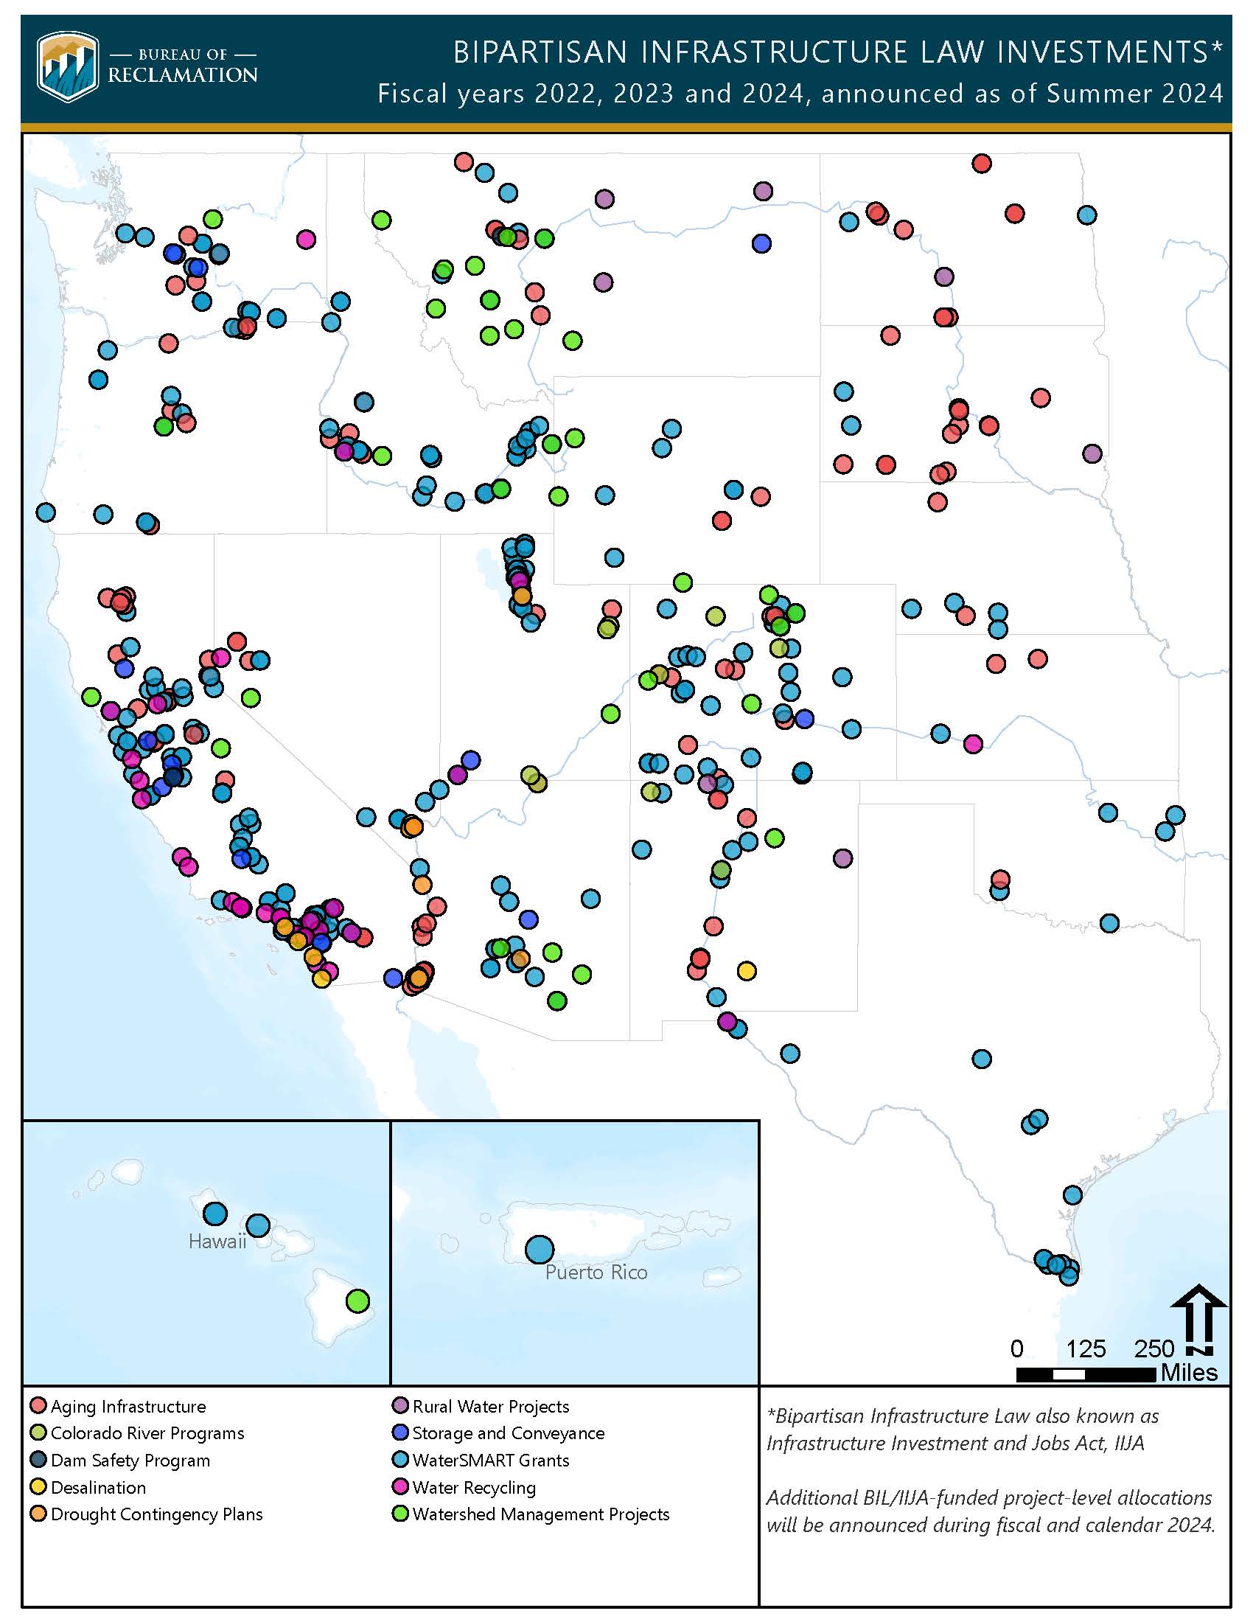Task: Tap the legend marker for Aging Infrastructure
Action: [x=38, y=1406]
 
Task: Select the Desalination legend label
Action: [x=98, y=1488]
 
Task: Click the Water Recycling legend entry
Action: [x=474, y=1488]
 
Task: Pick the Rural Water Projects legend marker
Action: [x=400, y=1406]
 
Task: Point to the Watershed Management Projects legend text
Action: [x=540, y=1514]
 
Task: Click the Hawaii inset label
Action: [x=217, y=1241]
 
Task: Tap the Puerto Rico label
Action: [x=596, y=1273]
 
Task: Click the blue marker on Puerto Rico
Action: [x=540, y=1249]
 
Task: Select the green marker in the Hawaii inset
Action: [x=357, y=1301]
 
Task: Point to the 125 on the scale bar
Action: [x=1085, y=1348]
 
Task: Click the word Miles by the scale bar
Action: [x=1188, y=1373]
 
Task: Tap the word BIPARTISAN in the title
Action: [x=540, y=52]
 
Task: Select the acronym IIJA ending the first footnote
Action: [x=1128, y=1443]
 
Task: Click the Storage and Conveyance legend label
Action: [x=508, y=1433]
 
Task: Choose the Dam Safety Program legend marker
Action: [x=38, y=1460]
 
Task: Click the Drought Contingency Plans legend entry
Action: [x=156, y=1514]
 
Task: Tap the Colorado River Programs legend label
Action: [x=147, y=1433]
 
